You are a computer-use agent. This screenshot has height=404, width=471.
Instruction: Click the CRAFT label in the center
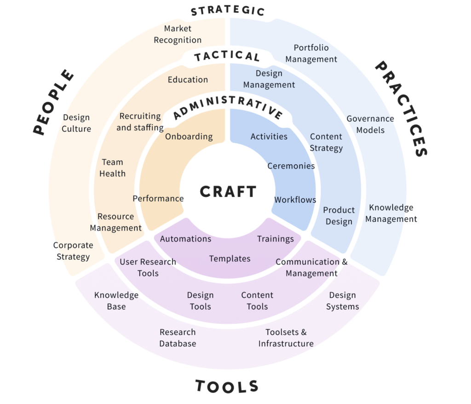tap(228, 191)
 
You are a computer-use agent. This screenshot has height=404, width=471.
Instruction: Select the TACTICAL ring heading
tap(227, 57)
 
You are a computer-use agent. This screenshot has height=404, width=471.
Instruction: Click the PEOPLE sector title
tap(54, 102)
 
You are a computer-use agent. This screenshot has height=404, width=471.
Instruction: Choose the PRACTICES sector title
tap(402, 110)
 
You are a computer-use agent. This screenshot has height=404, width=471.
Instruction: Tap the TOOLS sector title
tap(227, 386)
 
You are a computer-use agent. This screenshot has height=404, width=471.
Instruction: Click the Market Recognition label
tap(178, 34)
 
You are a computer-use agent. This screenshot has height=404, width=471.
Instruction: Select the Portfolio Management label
tap(311, 53)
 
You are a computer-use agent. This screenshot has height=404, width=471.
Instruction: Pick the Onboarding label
tap(189, 136)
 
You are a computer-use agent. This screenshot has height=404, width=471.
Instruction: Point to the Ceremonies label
tap(291, 166)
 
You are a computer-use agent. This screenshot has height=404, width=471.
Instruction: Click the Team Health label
tap(112, 167)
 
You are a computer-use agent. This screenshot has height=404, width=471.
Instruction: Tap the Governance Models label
tap(370, 124)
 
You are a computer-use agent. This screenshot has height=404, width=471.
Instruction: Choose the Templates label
tap(230, 259)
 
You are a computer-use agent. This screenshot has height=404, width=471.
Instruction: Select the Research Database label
tap(178, 338)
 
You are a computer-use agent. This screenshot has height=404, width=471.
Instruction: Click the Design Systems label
tap(343, 300)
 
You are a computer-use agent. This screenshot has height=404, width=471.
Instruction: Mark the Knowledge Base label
tap(116, 300)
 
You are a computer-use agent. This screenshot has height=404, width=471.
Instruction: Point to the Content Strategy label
tap(326, 142)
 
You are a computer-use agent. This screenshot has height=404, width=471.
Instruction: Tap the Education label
tap(188, 80)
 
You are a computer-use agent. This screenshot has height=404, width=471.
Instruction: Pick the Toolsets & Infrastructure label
tap(286, 338)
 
